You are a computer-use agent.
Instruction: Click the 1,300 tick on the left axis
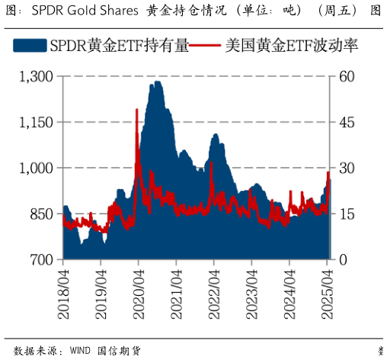37,76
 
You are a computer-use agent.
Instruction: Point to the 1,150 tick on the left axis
37,122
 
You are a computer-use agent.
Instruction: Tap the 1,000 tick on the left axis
37,168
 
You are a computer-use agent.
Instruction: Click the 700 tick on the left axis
41,260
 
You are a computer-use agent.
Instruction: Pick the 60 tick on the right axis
347,76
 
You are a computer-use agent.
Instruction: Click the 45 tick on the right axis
347,122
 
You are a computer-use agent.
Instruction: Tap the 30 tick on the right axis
347,168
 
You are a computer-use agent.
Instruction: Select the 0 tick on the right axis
344,260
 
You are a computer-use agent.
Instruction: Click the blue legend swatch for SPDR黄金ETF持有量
30,47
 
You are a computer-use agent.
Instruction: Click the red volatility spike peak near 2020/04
136,110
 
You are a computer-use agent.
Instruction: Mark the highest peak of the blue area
155,82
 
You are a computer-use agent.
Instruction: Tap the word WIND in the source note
79,351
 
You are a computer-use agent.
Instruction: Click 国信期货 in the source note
119,351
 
